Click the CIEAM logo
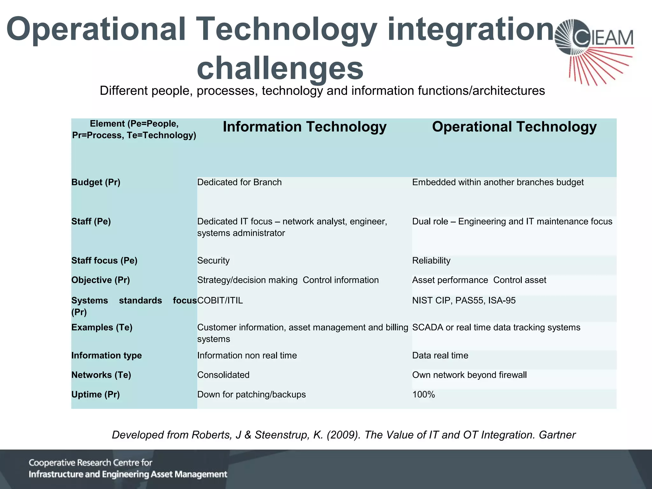[x=594, y=51]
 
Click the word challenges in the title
[x=280, y=68]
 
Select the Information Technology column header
[x=304, y=127]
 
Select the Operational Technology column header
[x=514, y=127]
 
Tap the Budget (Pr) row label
[x=96, y=182]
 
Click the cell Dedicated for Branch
[x=239, y=182]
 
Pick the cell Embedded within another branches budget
[x=498, y=182]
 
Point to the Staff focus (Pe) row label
[x=104, y=261]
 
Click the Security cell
[x=213, y=261]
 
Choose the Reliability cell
[x=431, y=261]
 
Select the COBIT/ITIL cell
[x=220, y=301]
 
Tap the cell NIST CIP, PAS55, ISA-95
[x=464, y=301]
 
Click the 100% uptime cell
[x=423, y=395]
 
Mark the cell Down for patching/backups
[x=252, y=395]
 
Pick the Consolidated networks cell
[x=223, y=375]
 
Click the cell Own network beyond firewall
[x=469, y=375]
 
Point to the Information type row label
[x=106, y=356]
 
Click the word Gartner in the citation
[x=557, y=435]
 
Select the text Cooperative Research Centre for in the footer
[x=90, y=463]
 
